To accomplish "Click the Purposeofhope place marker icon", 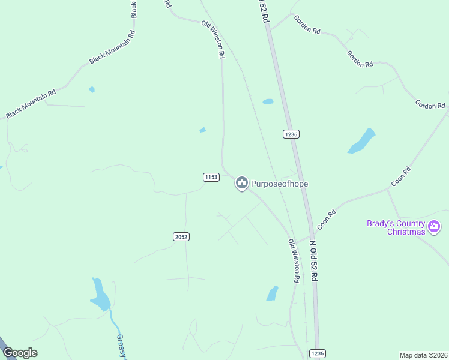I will pyautogui.click(x=242, y=182).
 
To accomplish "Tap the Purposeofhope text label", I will pyautogui.click(x=279, y=183).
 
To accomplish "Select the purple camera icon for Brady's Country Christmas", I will pyautogui.click(x=435, y=227).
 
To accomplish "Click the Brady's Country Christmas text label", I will pyautogui.click(x=397, y=227).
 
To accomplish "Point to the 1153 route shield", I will pyautogui.click(x=211, y=177).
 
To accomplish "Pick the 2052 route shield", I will pyautogui.click(x=181, y=237).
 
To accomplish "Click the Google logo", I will pyautogui.click(x=20, y=353).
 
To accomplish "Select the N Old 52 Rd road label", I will pyautogui.click(x=313, y=261).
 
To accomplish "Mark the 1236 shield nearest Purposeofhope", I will pyautogui.click(x=291, y=134).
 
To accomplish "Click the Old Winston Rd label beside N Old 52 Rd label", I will pyautogui.click(x=294, y=261).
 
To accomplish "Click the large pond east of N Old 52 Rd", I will pyautogui.click(x=362, y=141).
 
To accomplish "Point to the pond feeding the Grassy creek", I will pyautogui.click(x=100, y=295).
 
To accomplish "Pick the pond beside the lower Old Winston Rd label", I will pyautogui.click(x=273, y=293).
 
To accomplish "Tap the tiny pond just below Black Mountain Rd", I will pyautogui.click(x=92, y=89).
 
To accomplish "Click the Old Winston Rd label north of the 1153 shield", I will pyautogui.click(x=213, y=39).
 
